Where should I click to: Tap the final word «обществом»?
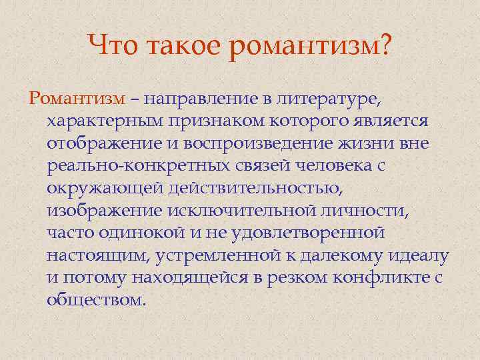[x=96, y=301]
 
